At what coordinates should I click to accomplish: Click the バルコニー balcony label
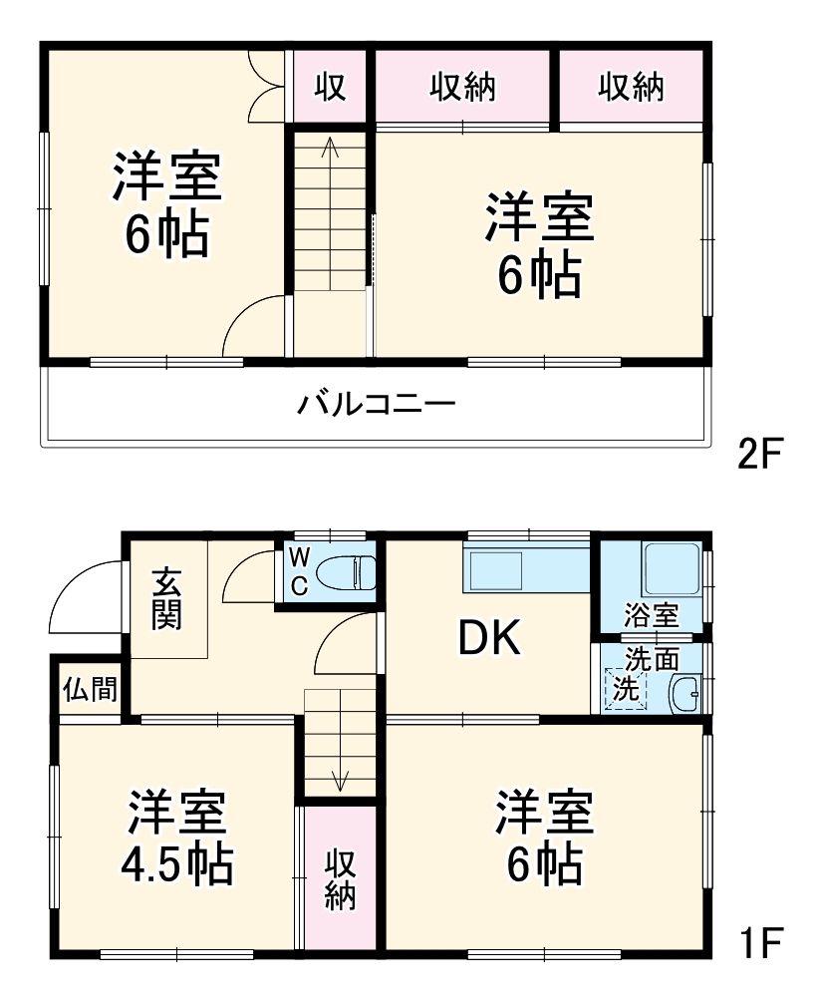377,405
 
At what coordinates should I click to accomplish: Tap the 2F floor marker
761,454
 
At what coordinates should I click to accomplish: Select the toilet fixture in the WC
345,573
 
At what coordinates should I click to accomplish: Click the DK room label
488,640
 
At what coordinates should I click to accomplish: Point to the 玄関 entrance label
166,598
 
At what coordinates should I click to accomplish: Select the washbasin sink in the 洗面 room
683,692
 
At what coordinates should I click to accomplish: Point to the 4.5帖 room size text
177,863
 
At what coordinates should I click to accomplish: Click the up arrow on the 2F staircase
330,150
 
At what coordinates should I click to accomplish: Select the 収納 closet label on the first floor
341,878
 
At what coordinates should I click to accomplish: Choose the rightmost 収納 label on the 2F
631,88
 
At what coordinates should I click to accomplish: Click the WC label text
299,572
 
